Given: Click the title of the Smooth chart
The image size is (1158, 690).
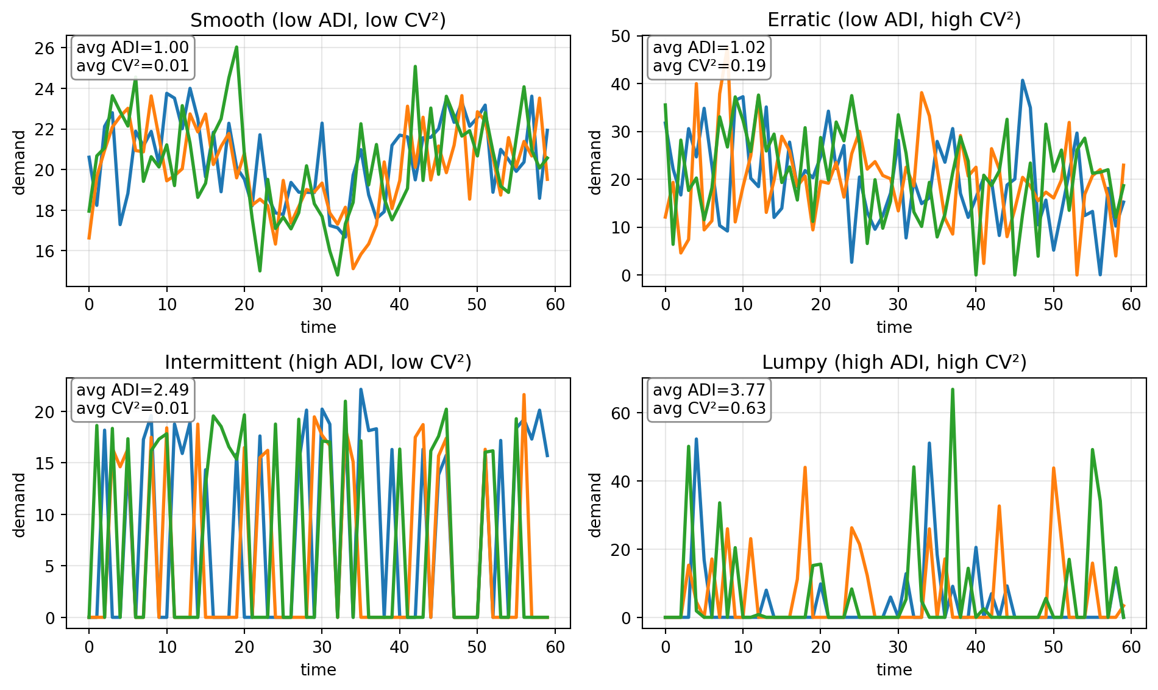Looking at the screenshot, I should (x=318, y=20).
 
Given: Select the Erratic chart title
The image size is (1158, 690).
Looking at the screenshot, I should (x=894, y=20).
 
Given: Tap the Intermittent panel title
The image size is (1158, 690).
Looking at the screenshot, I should (x=318, y=363).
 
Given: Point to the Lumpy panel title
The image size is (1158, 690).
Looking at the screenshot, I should (x=894, y=363).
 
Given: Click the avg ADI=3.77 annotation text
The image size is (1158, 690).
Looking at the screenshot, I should (x=709, y=390).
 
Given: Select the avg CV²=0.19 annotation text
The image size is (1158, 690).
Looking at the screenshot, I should (x=709, y=66).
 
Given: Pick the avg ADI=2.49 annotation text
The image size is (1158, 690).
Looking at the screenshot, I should (x=132, y=390).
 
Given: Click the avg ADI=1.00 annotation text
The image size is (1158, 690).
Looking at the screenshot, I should (x=132, y=48).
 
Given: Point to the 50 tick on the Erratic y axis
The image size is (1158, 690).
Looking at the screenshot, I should (x=621, y=36).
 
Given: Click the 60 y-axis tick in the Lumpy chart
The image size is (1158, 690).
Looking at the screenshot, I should (x=621, y=413).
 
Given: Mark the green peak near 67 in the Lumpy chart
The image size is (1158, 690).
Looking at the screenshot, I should (x=952, y=389).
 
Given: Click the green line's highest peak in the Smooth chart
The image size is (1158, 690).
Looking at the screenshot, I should (x=236, y=47).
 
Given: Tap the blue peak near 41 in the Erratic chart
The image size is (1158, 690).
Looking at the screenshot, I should (x=1022, y=80).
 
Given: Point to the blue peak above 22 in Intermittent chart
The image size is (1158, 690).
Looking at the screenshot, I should (x=361, y=389).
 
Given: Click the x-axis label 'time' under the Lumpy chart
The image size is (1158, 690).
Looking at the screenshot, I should (x=894, y=670).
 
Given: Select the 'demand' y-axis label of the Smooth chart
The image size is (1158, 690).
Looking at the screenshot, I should (x=20, y=162).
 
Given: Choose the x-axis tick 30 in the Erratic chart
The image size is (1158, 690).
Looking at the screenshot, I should (x=898, y=304).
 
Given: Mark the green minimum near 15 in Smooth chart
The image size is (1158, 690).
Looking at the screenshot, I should (x=337, y=275).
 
